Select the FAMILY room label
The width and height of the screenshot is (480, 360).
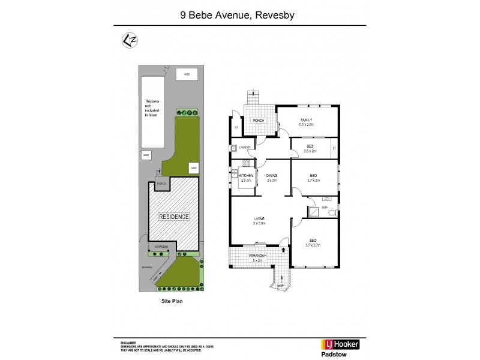(307, 121)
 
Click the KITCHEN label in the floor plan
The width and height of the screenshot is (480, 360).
(245, 175)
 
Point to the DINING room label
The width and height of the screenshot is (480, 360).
(272, 175)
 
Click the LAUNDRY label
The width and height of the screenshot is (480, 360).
(244, 148)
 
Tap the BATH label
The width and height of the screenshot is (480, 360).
(325, 208)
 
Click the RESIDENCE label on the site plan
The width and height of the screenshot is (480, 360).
(174, 217)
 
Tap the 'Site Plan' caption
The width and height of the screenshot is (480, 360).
(172, 302)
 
